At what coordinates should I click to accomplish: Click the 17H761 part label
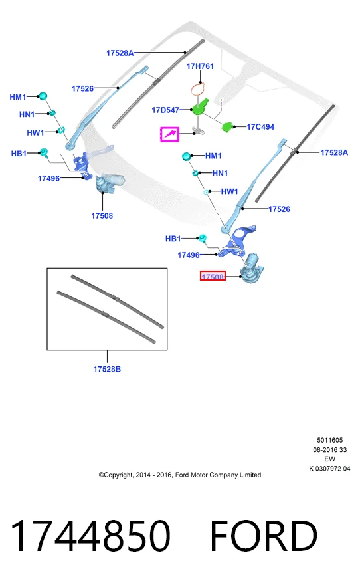(x=200, y=66)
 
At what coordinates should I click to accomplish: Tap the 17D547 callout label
(x=165, y=110)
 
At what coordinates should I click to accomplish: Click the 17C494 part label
(x=260, y=127)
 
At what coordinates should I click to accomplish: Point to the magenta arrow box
(x=169, y=134)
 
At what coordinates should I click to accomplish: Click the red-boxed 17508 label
(x=213, y=277)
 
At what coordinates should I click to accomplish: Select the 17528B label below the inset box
(x=107, y=369)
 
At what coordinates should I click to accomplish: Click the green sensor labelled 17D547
(x=199, y=106)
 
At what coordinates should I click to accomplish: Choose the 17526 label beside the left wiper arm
(x=82, y=88)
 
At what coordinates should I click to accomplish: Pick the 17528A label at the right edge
(x=334, y=152)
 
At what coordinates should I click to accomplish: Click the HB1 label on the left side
(x=19, y=154)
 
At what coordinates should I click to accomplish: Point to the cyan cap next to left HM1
(x=43, y=96)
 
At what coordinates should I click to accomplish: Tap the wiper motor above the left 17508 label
(x=109, y=183)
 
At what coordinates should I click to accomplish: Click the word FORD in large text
(x=264, y=535)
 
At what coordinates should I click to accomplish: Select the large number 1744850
(x=90, y=535)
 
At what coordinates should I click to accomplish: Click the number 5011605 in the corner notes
(x=330, y=440)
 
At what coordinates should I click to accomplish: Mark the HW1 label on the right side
(x=229, y=191)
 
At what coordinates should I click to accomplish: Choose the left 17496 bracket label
(x=48, y=178)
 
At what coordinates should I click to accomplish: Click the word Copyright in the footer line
(x=118, y=475)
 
